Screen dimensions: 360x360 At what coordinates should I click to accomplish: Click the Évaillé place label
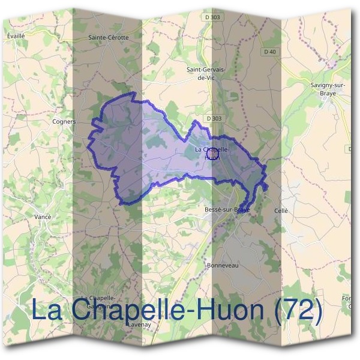16,36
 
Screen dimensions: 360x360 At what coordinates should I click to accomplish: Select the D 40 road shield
269,52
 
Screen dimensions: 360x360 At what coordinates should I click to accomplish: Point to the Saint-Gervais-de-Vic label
206,73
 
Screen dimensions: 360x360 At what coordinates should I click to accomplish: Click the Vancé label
43,217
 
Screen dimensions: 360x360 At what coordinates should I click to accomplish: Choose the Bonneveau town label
223,265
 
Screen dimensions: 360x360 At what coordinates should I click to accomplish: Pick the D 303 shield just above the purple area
213,119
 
